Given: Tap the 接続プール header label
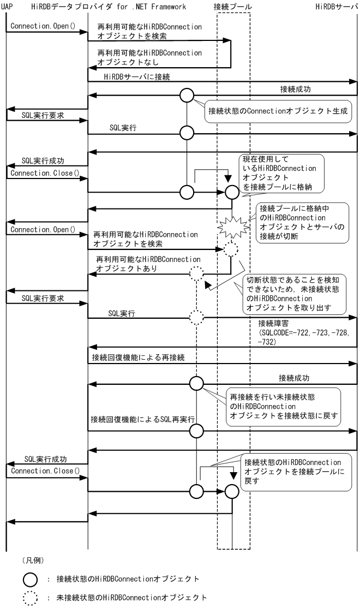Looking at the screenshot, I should click(233, 6).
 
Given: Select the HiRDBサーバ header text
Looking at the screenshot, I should click(337, 6).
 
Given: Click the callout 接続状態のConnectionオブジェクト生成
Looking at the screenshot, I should click(279, 110).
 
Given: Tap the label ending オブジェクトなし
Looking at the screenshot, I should click(149, 58).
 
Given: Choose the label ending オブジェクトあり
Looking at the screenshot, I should click(148, 264).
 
